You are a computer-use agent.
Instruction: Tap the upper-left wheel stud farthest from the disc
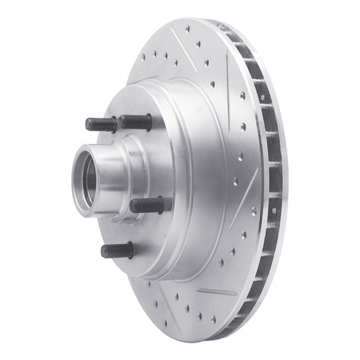point(101,124)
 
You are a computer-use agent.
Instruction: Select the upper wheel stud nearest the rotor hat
point(136,122)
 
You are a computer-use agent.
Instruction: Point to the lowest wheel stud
point(117,251)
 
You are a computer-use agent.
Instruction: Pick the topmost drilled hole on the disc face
point(188,30)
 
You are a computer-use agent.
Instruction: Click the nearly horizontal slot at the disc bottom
point(217,292)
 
